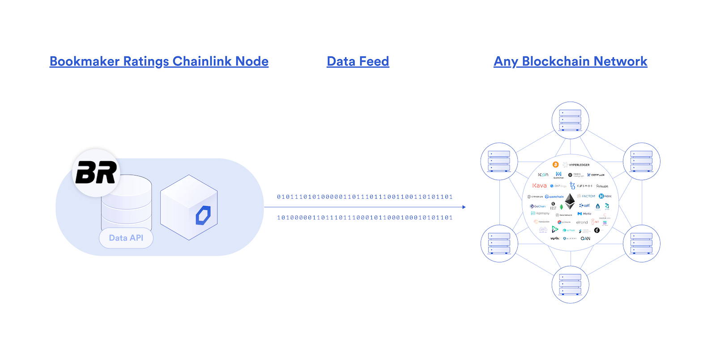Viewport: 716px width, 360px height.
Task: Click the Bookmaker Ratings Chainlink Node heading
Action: pyautogui.click(x=159, y=61)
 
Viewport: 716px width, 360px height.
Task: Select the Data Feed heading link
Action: pyautogui.click(x=358, y=61)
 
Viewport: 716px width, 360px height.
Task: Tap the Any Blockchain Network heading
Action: pyautogui.click(x=571, y=61)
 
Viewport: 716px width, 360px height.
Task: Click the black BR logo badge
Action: pyautogui.click(x=96, y=173)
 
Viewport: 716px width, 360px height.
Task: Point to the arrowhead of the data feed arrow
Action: pyautogui.click(x=464, y=207)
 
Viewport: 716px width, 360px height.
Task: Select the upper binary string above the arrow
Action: pyautogui.click(x=365, y=197)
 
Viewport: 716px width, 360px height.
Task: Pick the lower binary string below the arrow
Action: pyautogui.click(x=365, y=218)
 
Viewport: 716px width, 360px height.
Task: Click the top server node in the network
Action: pyautogui.click(x=570, y=120)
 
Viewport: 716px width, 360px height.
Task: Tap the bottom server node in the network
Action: pyautogui.click(x=570, y=284)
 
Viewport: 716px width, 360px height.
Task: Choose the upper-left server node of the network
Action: pyautogui.click(x=499, y=161)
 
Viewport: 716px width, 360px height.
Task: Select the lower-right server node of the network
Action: pyautogui.click(x=641, y=243)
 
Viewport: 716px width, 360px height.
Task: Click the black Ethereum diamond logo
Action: pyautogui.click(x=570, y=201)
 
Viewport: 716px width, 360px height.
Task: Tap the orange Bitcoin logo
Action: pyautogui.click(x=555, y=165)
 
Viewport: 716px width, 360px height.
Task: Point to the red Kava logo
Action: pyautogui.click(x=539, y=185)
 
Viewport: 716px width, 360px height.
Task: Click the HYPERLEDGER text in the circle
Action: pyautogui.click(x=579, y=165)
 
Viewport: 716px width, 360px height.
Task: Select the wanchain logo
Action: pyautogui.click(x=554, y=197)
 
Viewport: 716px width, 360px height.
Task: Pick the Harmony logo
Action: pyautogui.click(x=540, y=214)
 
